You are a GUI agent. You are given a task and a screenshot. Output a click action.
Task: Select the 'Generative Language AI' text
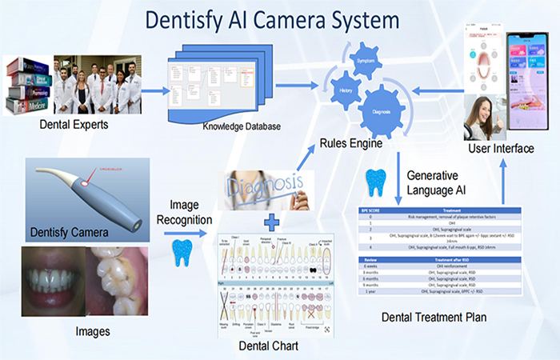click(438, 182)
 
